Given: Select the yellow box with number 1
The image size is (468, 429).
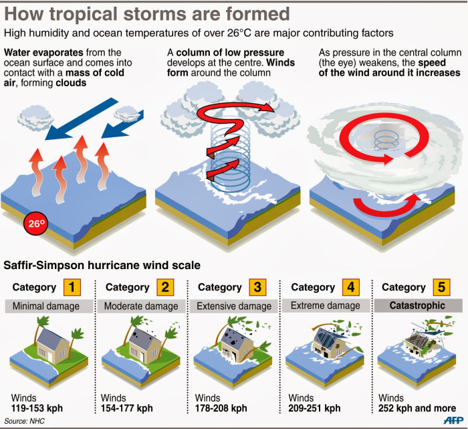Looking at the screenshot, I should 72,288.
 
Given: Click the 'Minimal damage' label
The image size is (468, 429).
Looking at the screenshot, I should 48,307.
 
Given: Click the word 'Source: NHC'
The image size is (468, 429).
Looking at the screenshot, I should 24,421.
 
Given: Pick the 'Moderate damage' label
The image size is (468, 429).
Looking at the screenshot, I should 142,307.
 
